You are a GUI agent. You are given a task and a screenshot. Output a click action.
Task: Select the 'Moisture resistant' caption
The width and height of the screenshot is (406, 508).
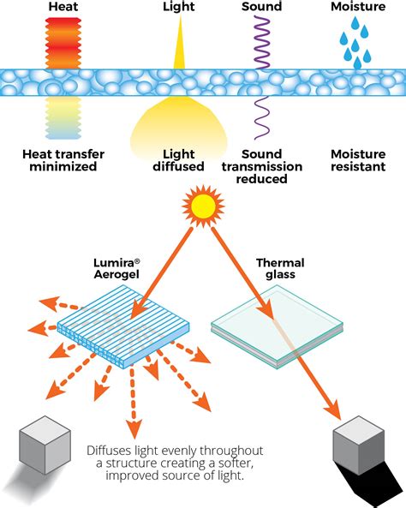(359, 160)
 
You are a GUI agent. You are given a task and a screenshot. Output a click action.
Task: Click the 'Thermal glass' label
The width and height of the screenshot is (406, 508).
(276, 271)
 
